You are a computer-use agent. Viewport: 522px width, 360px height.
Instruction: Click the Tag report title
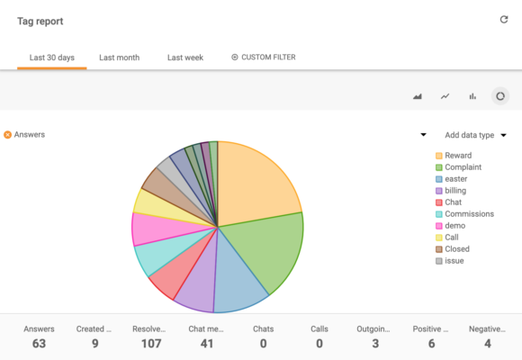point(40,21)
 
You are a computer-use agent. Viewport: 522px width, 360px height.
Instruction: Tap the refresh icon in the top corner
point(504,20)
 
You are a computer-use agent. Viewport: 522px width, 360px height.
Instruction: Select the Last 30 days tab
point(51,58)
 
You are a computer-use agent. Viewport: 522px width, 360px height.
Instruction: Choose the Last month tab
point(119,58)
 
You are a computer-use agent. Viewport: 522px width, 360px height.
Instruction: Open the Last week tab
point(185,58)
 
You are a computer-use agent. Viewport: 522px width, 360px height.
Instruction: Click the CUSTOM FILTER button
point(264,58)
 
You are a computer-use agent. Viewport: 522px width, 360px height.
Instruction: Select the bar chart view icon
point(472,96)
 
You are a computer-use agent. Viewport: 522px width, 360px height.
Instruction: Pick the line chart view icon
point(445,96)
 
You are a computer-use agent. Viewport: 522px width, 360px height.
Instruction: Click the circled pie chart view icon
point(500,95)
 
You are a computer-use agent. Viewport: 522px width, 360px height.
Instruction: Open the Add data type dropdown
point(475,135)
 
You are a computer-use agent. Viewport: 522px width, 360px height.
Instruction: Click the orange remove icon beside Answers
point(7,135)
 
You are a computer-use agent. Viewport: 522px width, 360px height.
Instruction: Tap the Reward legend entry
point(457,156)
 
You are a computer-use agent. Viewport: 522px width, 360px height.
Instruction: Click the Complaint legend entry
point(462,167)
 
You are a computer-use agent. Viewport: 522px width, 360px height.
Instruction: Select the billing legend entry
point(455,191)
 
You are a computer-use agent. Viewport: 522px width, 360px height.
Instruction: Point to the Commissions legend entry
point(468,214)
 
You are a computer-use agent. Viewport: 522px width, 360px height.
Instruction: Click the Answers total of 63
point(38,343)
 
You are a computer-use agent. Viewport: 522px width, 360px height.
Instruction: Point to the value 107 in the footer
point(148,343)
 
